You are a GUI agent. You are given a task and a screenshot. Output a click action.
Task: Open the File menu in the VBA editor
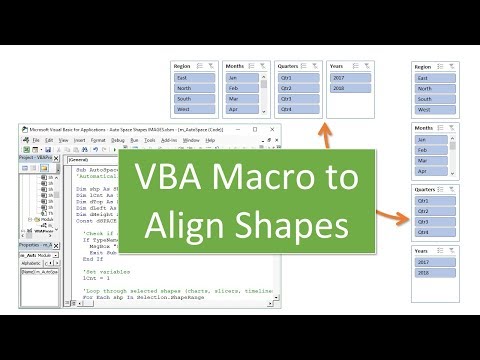click(x=35, y=141)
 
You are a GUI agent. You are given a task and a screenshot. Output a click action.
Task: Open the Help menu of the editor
click(x=210, y=141)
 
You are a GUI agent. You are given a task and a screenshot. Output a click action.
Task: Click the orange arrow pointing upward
click(x=321, y=127)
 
